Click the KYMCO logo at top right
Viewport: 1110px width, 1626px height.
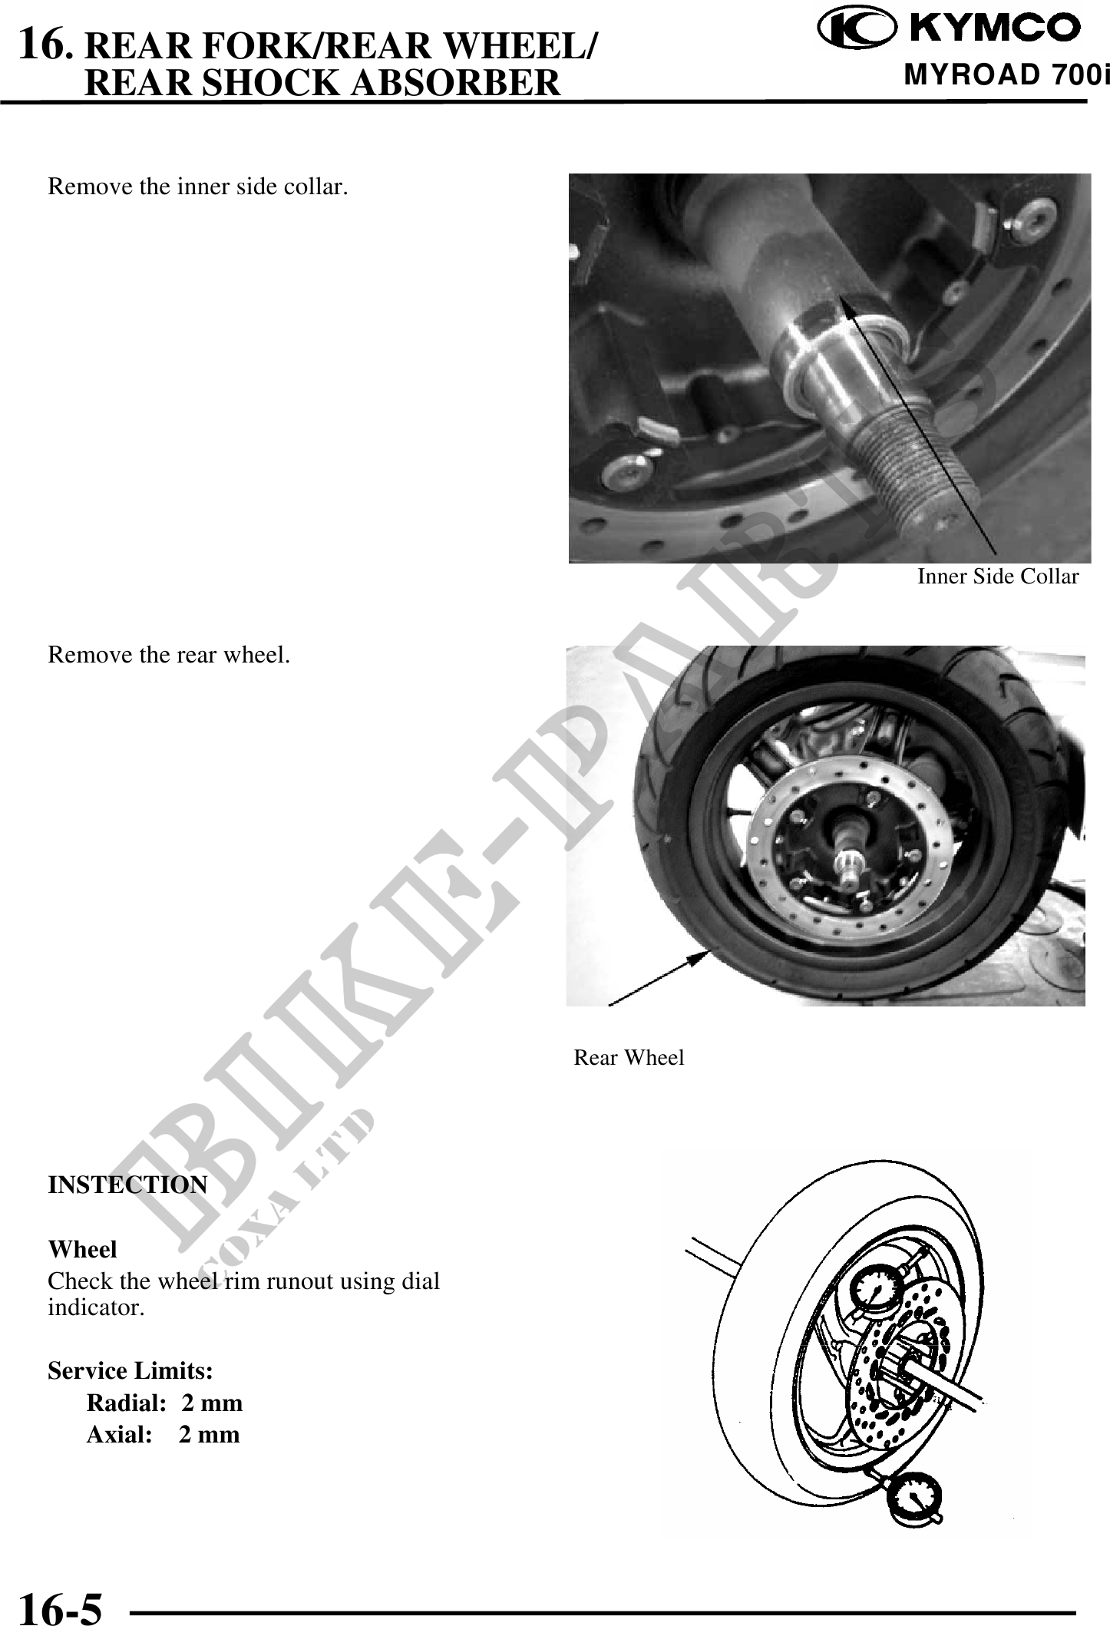(950, 28)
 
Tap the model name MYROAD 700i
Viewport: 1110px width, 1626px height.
(1006, 75)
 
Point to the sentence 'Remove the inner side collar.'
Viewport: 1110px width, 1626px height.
(197, 187)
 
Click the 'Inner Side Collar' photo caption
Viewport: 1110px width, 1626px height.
(998, 577)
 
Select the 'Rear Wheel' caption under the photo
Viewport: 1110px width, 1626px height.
(629, 1057)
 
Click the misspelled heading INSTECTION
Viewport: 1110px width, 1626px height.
(127, 1185)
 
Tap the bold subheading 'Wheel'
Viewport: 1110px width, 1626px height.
(82, 1249)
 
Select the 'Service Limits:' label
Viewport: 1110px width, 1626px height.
(130, 1370)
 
